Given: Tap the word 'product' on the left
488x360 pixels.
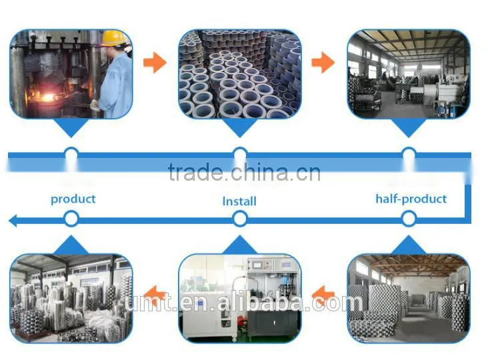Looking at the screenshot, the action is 73,199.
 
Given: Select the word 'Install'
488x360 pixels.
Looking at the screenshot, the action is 239,201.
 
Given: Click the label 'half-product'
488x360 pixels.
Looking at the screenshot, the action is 411,199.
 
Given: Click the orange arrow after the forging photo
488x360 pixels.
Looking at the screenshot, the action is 155,63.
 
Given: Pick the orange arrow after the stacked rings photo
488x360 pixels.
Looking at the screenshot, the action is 323,63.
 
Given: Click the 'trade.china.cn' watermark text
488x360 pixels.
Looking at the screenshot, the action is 244,173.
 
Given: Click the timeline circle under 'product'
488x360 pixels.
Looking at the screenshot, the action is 71,219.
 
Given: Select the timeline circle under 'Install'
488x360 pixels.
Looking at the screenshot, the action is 239,219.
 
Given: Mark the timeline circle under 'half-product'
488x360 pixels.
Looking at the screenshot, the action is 409,219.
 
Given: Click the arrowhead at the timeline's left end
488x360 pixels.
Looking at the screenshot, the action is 13,221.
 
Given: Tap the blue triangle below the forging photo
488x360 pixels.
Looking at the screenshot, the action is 71,127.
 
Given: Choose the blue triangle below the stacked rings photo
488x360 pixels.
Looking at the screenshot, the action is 239,127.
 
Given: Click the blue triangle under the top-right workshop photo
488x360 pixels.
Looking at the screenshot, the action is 409,127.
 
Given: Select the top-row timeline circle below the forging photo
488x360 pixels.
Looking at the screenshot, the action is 71,154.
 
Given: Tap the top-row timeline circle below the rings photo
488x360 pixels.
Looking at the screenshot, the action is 239,154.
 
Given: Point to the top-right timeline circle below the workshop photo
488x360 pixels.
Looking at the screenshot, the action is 409,154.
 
